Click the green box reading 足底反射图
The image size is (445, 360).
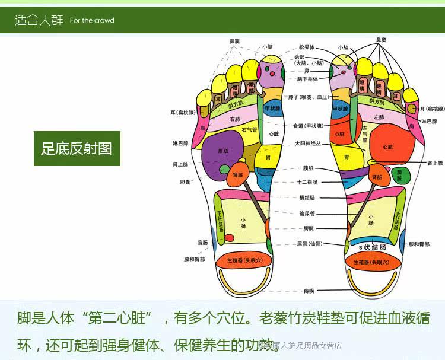tap(77, 148)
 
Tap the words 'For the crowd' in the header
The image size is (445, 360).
tap(92, 20)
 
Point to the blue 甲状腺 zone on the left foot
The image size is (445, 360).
tap(272, 109)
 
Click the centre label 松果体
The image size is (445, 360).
tap(307, 47)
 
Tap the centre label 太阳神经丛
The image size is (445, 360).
tap(308, 144)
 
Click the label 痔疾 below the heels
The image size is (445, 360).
tap(310, 290)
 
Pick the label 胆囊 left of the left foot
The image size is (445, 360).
tap(185, 182)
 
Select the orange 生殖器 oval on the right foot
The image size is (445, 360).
tap(371, 261)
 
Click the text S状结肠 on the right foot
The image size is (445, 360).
tap(373, 246)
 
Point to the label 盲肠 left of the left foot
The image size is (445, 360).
tap(203, 243)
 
